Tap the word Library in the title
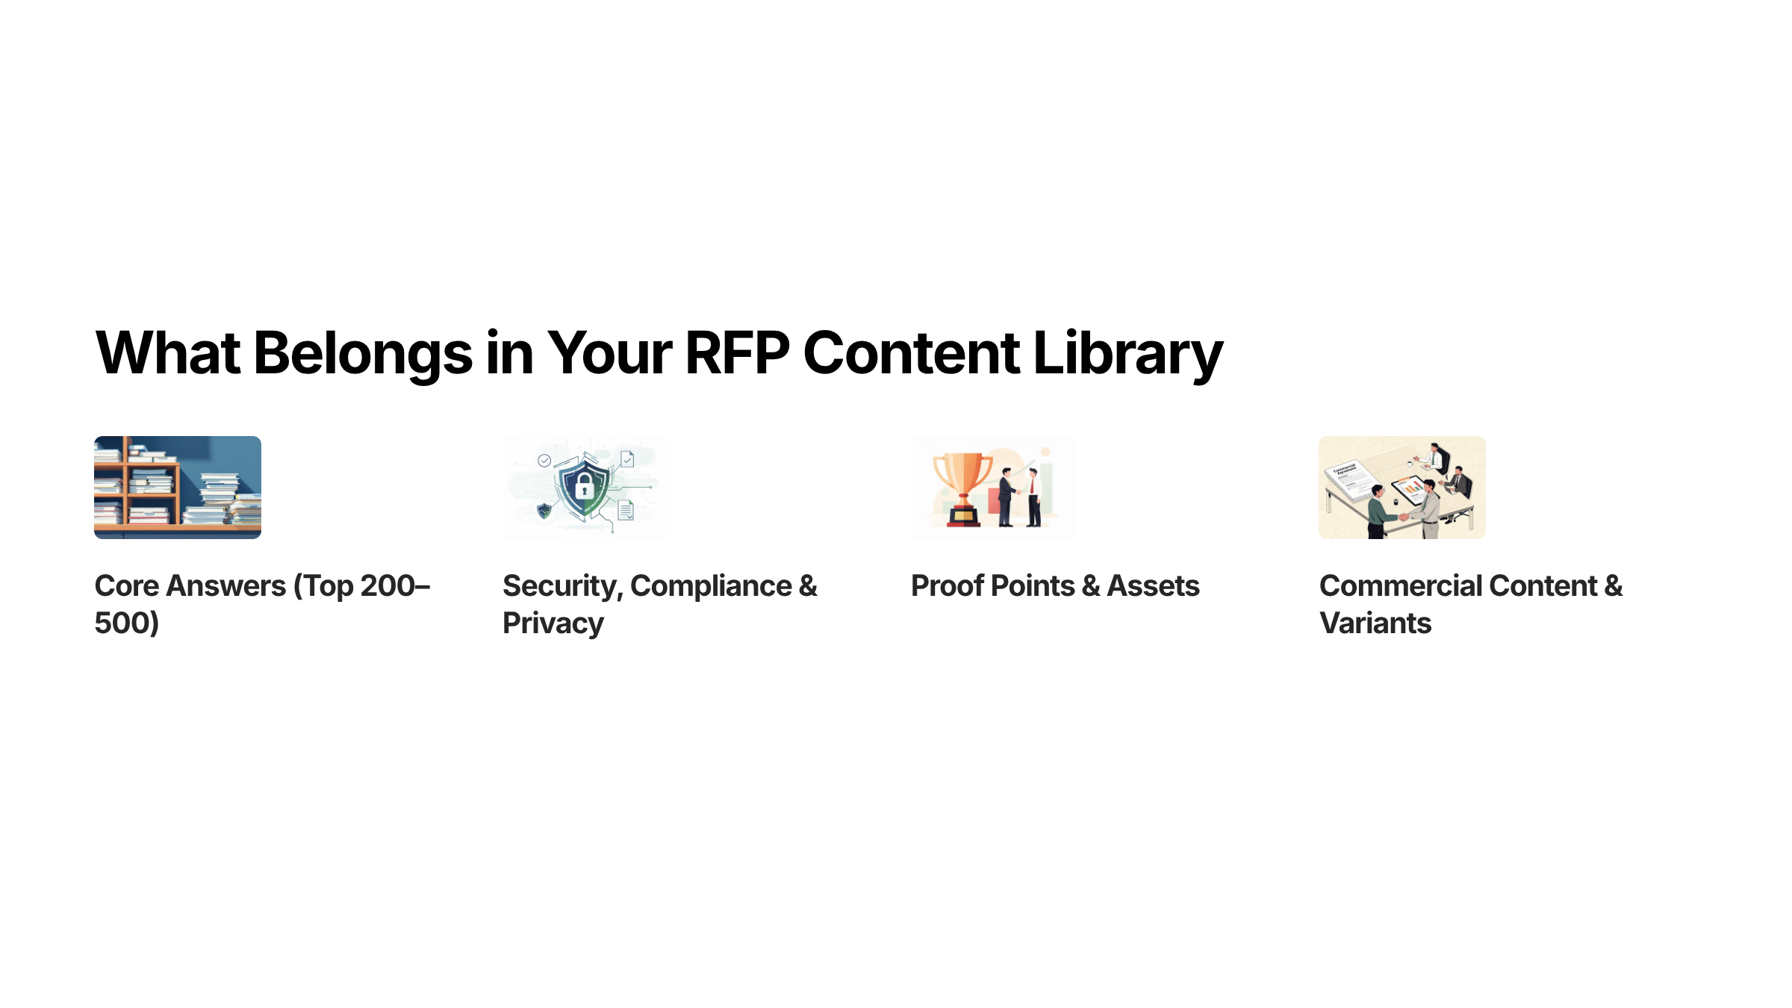point(1127,353)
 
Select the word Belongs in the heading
point(363,353)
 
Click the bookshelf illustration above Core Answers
point(178,487)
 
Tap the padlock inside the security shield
point(585,488)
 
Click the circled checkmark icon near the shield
point(544,461)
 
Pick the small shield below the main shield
point(544,511)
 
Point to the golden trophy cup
point(963,478)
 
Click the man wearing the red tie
point(1034,497)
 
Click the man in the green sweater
point(1378,511)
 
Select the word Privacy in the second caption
point(553,623)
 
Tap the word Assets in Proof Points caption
point(1153,586)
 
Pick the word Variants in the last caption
point(1375,623)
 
